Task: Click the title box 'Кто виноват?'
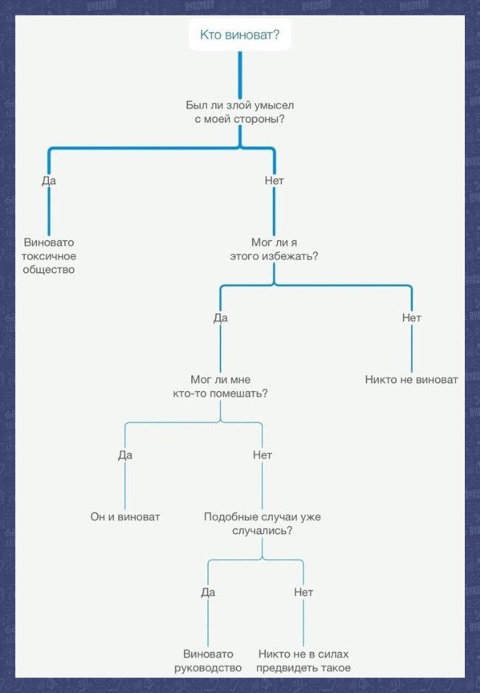(240, 35)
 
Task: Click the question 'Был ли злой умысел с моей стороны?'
(240, 112)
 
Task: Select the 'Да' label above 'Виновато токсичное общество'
(49, 180)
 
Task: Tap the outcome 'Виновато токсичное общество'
(49, 256)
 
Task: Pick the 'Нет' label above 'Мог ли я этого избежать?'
(274, 180)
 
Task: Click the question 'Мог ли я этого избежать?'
(274, 249)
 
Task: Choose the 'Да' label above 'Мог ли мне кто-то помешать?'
(221, 318)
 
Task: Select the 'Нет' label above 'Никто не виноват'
(411, 318)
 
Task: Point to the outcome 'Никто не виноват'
(411, 380)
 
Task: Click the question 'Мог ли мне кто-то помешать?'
(221, 386)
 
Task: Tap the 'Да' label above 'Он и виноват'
(125, 455)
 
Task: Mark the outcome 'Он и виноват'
(125, 517)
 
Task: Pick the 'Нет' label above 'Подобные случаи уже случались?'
(262, 455)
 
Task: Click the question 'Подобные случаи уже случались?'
(262, 523)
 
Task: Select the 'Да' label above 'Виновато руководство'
(208, 592)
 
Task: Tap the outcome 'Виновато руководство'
(208, 661)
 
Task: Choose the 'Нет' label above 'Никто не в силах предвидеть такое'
(304, 592)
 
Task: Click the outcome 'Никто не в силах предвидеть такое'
(304, 661)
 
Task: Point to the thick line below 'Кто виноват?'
(240, 72)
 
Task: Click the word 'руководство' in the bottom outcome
(208, 668)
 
